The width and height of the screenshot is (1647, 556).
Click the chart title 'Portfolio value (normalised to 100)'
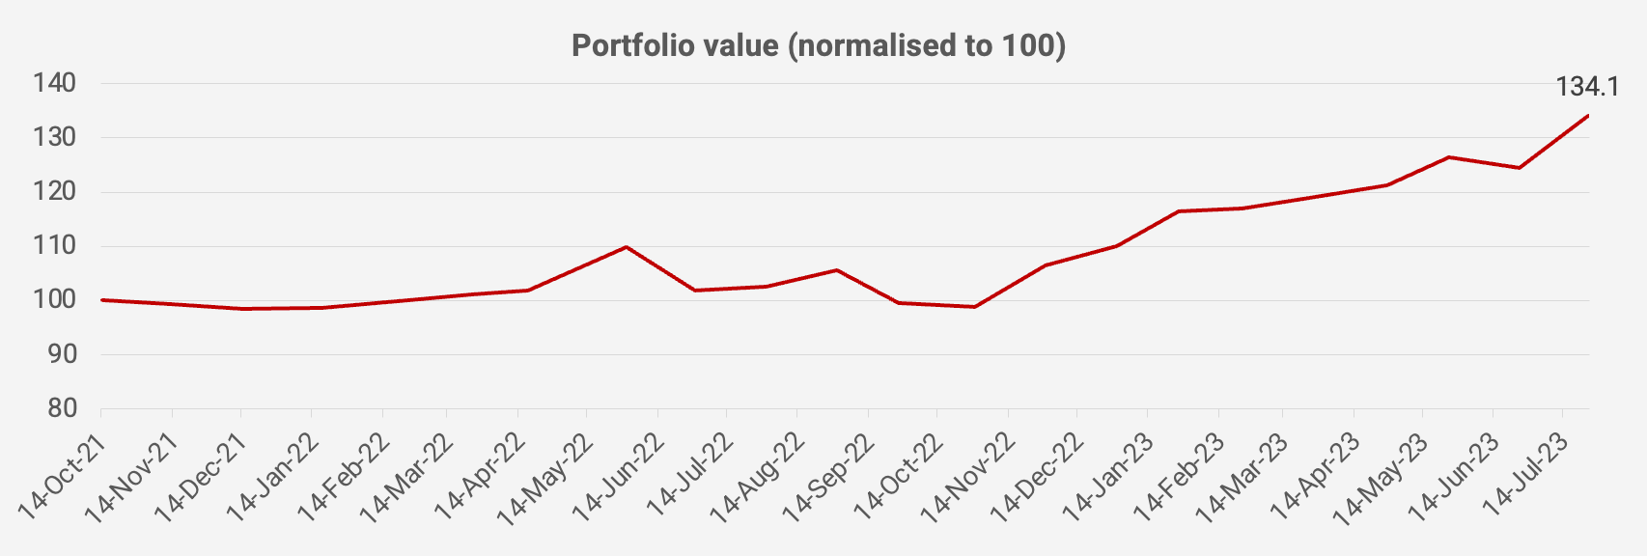point(819,45)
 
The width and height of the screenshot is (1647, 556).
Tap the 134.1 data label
point(1587,87)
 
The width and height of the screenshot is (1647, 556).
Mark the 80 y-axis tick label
point(60,408)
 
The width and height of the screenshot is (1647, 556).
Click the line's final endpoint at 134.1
point(1588,116)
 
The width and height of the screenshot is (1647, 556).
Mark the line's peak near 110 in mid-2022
point(627,247)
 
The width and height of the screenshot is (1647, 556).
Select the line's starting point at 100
point(101,300)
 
